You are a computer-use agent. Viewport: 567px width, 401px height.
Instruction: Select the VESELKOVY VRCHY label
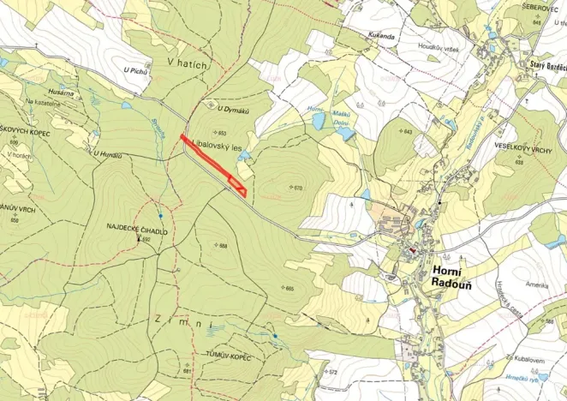(522, 147)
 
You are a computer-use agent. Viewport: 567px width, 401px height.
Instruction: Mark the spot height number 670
(298, 187)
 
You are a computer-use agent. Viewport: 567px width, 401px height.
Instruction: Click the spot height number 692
(146, 240)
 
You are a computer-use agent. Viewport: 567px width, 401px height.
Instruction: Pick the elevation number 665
(289, 289)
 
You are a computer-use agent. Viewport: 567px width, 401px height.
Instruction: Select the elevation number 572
(331, 372)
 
